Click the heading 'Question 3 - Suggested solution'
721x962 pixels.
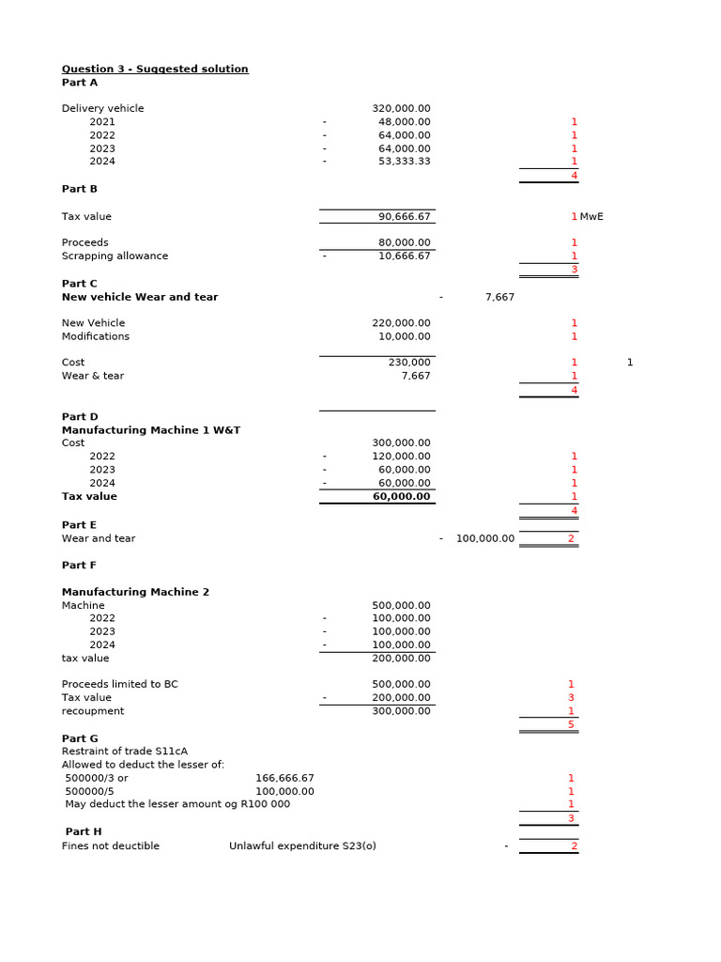155,69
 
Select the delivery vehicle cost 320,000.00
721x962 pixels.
401,109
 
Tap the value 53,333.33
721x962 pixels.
405,162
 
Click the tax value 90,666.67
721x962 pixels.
405,217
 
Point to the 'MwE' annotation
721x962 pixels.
591,217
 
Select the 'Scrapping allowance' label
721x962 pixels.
115,256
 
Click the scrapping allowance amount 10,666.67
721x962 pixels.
405,256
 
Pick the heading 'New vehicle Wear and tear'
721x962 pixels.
140,297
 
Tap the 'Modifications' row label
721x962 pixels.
96,336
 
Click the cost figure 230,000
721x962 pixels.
409,363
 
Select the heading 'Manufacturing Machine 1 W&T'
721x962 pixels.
151,430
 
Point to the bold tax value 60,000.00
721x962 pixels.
402,497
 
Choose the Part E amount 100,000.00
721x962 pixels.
485,539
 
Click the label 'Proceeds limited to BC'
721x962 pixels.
119,685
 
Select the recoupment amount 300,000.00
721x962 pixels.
401,711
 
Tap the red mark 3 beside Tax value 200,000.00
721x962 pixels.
571,698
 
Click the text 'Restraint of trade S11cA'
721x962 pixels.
125,752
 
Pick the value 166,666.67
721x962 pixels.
284,779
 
